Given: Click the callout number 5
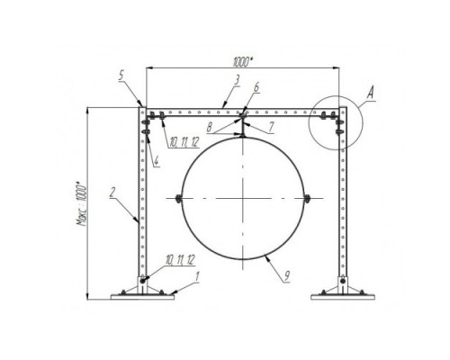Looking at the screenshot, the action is click(x=121, y=76).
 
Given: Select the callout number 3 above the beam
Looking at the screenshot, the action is click(x=237, y=80).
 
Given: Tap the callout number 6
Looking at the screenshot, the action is click(x=256, y=87).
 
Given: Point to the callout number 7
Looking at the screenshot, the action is click(x=271, y=127).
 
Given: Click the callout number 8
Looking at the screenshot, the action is click(x=210, y=128).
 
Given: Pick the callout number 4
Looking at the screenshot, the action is click(x=157, y=162).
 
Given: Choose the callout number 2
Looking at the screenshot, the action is click(x=112, y=192).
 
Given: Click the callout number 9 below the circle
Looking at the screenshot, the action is click(x=287, y=275).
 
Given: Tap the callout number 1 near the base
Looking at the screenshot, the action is click(x=197, y=276).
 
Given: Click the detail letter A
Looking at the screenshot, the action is click(x=371, y=92).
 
